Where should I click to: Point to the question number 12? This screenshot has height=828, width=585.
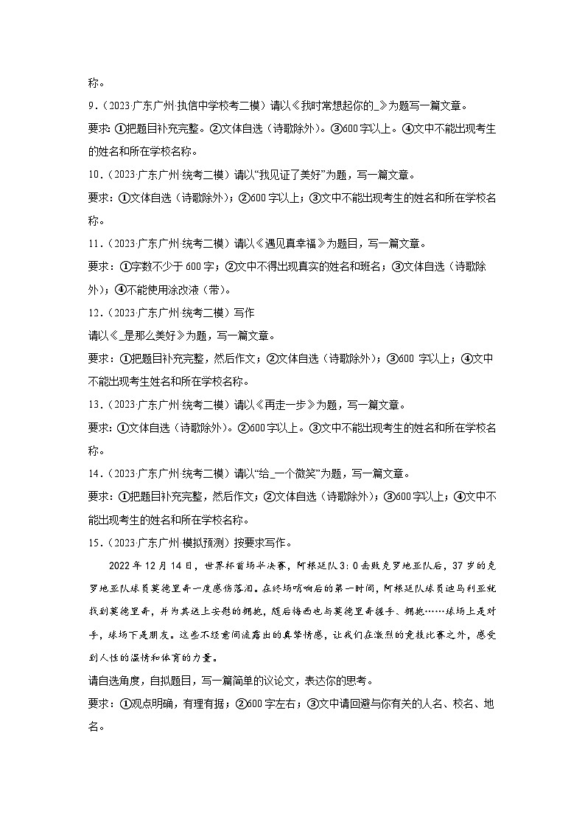coord(94,312)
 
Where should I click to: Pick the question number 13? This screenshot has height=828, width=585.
coord(94,405)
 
